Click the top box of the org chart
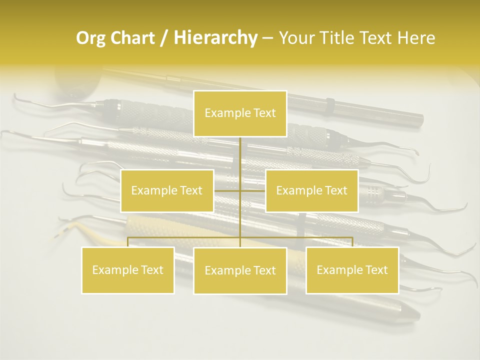[x=240, y=113]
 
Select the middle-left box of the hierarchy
[x=167, y=190]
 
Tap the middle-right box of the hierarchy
[x=311, y=190]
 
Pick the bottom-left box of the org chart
[x=128, y=270]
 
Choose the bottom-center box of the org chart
[x=240, y=270]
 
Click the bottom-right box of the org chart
[x=352, y=270]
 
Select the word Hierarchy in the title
[x=215, y=38]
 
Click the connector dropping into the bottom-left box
[x=128, y=242]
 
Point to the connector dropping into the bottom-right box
[x=352, y=242]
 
